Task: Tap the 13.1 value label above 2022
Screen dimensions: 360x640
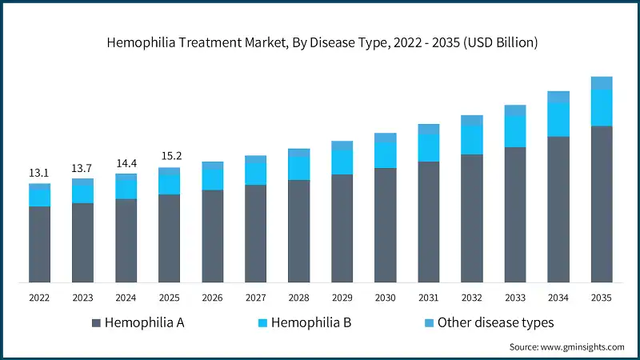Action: coord(40,173)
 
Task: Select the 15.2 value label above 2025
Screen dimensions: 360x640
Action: coord(169,156)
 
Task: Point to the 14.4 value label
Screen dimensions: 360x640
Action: coord(126,162)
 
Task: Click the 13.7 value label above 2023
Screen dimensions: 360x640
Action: coord(82,168)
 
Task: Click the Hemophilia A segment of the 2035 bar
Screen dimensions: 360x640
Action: coord(601,204)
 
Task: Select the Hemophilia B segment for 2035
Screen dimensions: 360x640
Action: coord(601,107)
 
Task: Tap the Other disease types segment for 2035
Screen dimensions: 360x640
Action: coord(601,82)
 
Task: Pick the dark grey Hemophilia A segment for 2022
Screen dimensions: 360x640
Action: coord(40,244)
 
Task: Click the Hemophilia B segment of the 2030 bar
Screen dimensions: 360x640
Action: coord(385,154)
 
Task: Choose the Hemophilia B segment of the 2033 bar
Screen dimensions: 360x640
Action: coord(514,131)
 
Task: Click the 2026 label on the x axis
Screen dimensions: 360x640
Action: coord(212,298)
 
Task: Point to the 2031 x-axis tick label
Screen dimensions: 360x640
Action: coord(428,298)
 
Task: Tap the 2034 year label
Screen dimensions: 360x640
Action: coord(558,298)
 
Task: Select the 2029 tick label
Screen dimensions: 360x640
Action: coord(342,298)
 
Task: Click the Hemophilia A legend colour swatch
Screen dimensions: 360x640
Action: coord(97,322)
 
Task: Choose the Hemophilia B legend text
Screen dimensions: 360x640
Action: coord(311,322)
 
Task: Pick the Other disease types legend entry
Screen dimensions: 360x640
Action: coord(488,322)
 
